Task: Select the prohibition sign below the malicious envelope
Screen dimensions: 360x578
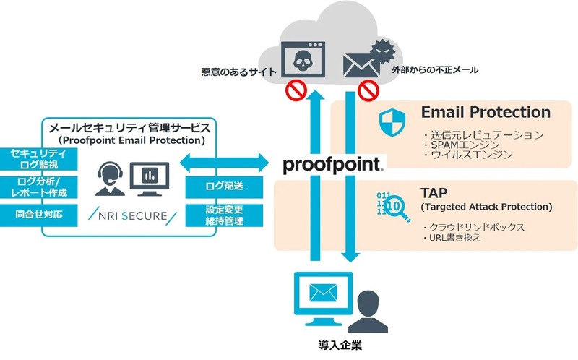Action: point(369,92)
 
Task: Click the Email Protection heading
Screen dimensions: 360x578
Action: point(486,112)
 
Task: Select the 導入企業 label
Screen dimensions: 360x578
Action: point(340,346)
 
